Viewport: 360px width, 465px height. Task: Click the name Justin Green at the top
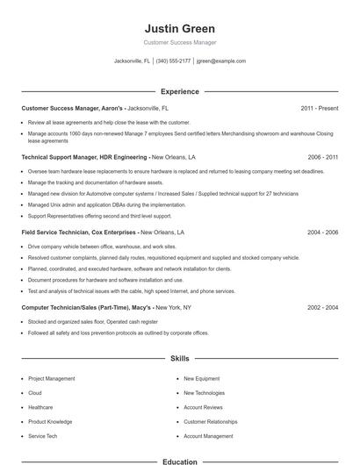coord(179,28)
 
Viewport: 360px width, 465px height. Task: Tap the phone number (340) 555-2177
coord(173,61)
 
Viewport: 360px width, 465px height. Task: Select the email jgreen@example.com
coord(220,61)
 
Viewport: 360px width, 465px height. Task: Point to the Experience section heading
coord(179,91)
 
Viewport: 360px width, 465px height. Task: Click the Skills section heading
coord(179,359)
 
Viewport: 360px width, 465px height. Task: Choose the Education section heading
coord(179,461)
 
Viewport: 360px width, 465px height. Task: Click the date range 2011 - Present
coord(319,108)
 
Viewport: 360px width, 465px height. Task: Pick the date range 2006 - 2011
coord(322,157)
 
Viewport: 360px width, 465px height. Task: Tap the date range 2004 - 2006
coord(322,232)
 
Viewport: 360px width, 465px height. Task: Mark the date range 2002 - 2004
coord(322,308)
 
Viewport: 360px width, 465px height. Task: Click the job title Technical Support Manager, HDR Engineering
coord(84,157)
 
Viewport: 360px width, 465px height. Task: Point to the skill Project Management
coord(52,379)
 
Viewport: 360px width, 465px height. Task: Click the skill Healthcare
coord(40,407)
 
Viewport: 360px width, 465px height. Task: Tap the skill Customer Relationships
coord(211,422)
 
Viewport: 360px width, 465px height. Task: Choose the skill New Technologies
coord(205,393)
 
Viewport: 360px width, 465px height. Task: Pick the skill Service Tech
coord(42,436)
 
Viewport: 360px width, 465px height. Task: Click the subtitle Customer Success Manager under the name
coord(179,42)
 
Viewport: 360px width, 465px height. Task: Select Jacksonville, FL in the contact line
coord(132,61)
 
